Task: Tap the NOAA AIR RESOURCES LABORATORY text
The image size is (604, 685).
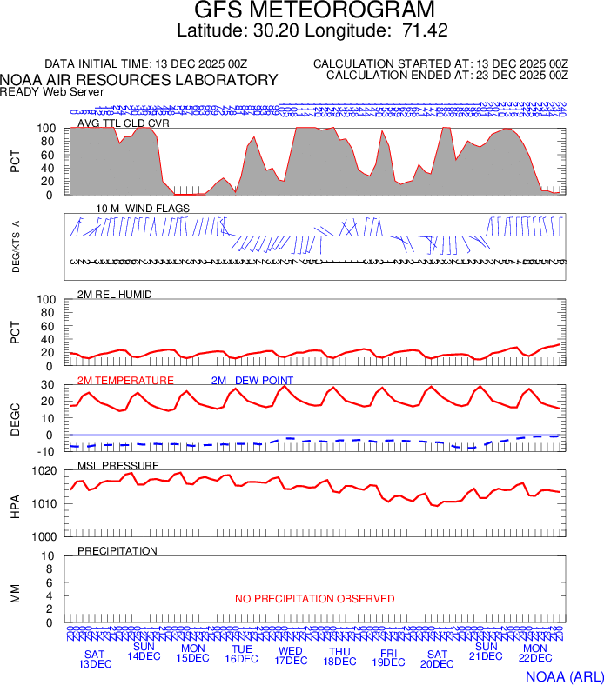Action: [139, 80]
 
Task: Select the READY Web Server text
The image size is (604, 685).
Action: [52, 91]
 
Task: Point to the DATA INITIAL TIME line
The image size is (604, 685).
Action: [146, 64]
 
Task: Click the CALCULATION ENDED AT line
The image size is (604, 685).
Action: [447, 76]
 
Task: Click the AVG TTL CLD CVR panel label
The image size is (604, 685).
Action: [124, 123]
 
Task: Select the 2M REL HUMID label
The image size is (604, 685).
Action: [115, 295]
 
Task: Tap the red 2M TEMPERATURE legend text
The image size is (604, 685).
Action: [125, 381]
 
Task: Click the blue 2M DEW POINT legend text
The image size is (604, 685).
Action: [252, 381]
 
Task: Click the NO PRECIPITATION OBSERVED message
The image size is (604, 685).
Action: [314, 599]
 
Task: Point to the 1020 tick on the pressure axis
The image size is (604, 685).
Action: [45, 471]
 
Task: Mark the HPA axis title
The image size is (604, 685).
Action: [15, 504]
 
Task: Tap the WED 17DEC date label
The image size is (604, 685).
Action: [291, 655]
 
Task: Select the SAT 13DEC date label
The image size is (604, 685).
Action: [95, 659]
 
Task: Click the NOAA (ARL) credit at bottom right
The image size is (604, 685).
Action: [564, 675]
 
